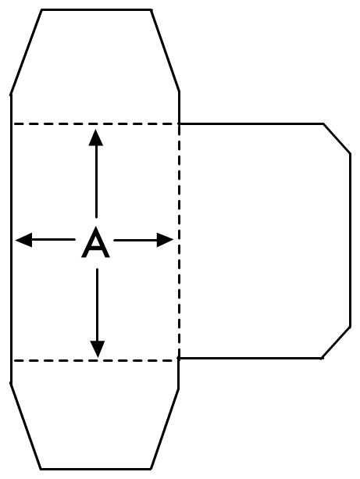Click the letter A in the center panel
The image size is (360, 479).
coord(95,243)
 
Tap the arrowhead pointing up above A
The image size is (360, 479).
coord(96,138)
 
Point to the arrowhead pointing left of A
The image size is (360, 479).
coord(23,240)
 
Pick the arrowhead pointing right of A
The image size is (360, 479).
coord(165,240)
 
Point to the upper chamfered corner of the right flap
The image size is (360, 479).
coord(337,138)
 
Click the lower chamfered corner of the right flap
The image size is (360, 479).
coord(337,342)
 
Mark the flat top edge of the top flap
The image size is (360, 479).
coord(95,9)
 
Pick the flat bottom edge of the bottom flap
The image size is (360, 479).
coord(95,469)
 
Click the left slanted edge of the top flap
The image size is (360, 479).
coord(26,52)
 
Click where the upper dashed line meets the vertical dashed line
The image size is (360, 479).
coord(179,123)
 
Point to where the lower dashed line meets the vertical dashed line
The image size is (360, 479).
coord(179,360)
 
